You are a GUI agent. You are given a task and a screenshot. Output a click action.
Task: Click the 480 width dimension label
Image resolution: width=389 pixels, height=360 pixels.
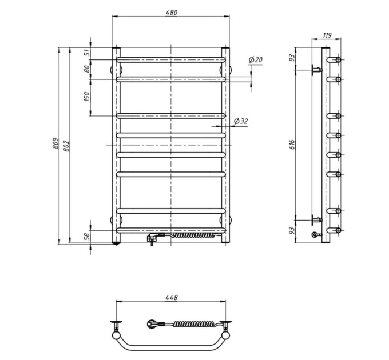coord(172,13)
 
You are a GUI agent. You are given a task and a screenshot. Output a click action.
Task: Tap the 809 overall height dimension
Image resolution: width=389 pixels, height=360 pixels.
coord(55,143)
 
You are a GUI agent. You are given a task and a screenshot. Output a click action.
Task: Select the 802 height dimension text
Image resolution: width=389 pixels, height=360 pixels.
coord(66,146)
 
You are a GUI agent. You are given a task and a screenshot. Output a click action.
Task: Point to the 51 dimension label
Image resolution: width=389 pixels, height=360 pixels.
coord(86,53)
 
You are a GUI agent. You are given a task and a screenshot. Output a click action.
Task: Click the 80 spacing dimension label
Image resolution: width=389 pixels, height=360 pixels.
coord(86,69)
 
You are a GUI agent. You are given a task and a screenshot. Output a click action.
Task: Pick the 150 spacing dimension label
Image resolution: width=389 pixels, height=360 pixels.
coord(86,97)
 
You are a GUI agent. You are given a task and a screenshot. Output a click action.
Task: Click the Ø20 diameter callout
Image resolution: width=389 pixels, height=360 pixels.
coord(255,59)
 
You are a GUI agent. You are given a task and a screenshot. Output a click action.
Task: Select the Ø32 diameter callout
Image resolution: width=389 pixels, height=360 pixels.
coord(241,121)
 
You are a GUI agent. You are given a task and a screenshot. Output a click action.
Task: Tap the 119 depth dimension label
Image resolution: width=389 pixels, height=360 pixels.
coord(327,35)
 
